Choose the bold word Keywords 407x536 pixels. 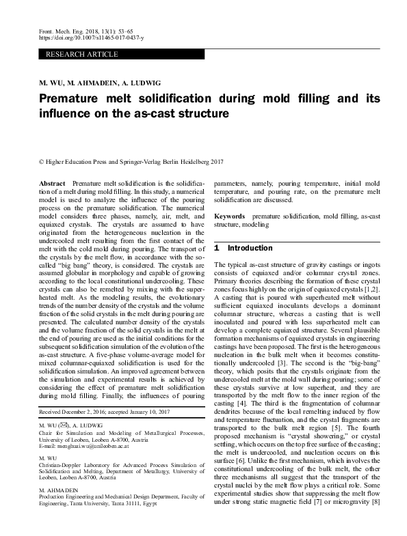(x=230, y=215)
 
